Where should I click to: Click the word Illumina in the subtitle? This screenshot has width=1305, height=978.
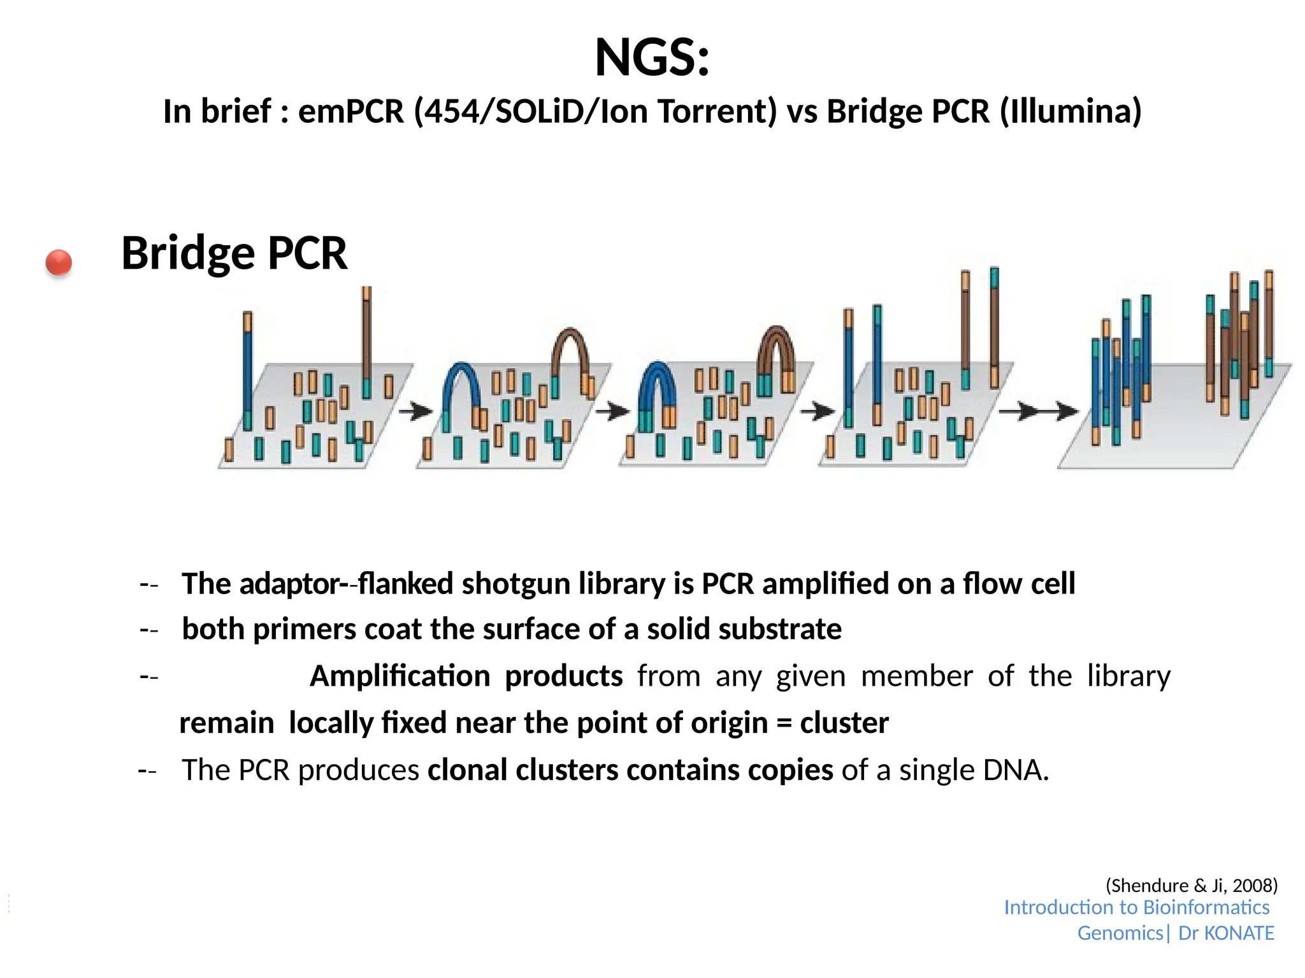(x=1070, y=111)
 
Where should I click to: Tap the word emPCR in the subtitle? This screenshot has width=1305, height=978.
(x=351, y=111)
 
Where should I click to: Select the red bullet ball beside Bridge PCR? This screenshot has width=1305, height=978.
(x=59, y=262)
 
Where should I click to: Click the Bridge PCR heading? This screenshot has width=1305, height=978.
(x=234, y=253)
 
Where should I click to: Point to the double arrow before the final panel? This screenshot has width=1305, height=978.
(x=1038, y=411)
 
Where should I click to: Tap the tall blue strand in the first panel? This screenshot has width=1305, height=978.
(x=248, y=369)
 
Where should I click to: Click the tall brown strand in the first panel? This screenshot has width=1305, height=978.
(x=366, y=337)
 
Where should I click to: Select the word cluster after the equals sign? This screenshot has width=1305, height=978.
(x=844, y=723)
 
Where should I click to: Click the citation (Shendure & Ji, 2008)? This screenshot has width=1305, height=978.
(x=1191, y=885)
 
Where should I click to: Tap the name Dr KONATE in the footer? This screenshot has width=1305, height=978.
(x=1225, y=933)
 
